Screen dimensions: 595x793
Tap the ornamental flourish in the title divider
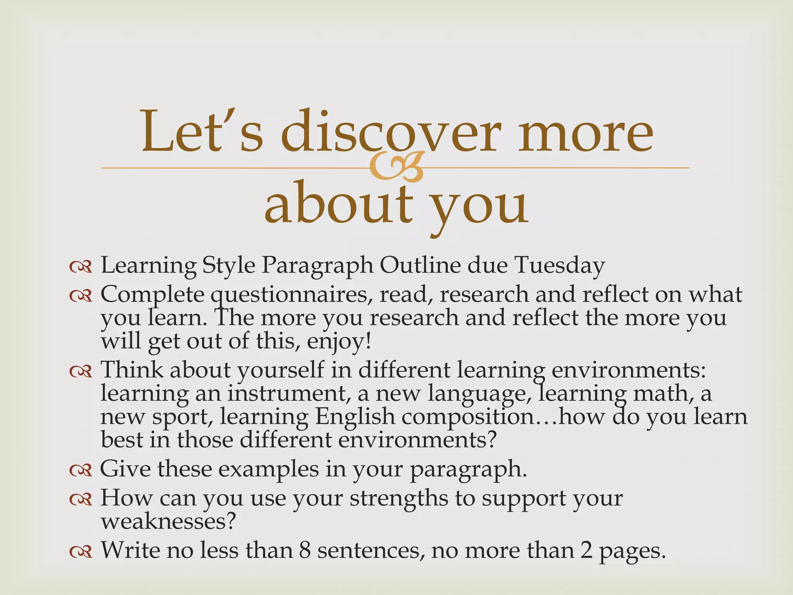click(395, 167)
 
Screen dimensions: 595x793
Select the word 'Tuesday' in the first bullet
click(559, 266)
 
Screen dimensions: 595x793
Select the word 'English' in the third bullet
click(355, 417)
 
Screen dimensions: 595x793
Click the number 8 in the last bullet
click(305, 550)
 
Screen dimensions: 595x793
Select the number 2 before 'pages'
click(586, 550)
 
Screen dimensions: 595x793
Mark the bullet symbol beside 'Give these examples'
click(81, 470)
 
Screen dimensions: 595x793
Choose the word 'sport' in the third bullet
click(181, 418)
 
